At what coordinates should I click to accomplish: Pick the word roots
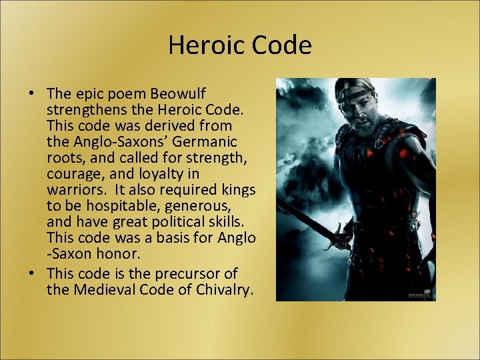point(63,159)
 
